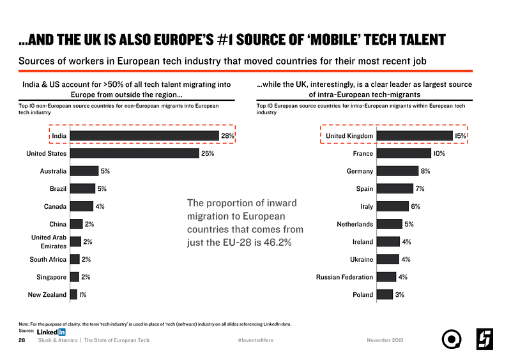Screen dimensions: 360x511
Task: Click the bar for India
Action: pos(144,135)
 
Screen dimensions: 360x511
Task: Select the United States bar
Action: pos(134,153)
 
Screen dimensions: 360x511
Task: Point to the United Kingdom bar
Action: pos(415,135)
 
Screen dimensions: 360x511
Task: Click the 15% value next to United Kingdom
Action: pos(460,135)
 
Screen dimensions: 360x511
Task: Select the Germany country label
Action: pos(360,171)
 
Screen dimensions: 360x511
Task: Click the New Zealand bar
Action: pos(73,294)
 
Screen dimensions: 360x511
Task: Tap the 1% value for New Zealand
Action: pos(84,294)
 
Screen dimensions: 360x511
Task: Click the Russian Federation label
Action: pos(344,277)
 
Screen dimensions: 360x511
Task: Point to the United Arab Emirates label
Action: pos(49,241)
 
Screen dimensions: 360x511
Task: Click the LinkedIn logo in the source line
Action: pos(52,332)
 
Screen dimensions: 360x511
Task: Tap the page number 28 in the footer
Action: pos(22,340)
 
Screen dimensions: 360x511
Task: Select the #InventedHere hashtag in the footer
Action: pos(255,340)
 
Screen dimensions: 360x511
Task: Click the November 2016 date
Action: pos(385,340)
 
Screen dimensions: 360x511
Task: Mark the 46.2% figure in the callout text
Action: pos(277,243)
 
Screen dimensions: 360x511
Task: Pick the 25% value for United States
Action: pos(207,153)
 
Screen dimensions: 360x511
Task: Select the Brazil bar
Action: pos(82,188)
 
